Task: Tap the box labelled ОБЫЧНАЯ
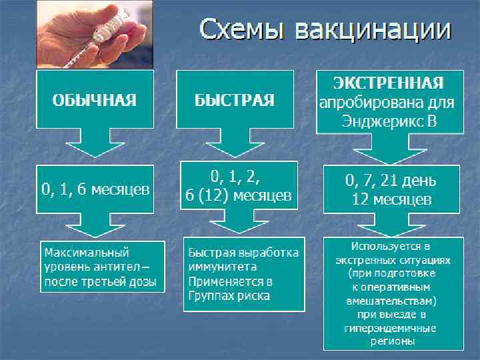click(94, 100)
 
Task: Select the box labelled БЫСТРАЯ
click(234, 100)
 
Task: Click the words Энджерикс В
click(389, 122)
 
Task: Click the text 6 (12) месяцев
click(239, 196)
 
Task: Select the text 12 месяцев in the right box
click(391, 199)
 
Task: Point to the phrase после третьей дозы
click(99, 282)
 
